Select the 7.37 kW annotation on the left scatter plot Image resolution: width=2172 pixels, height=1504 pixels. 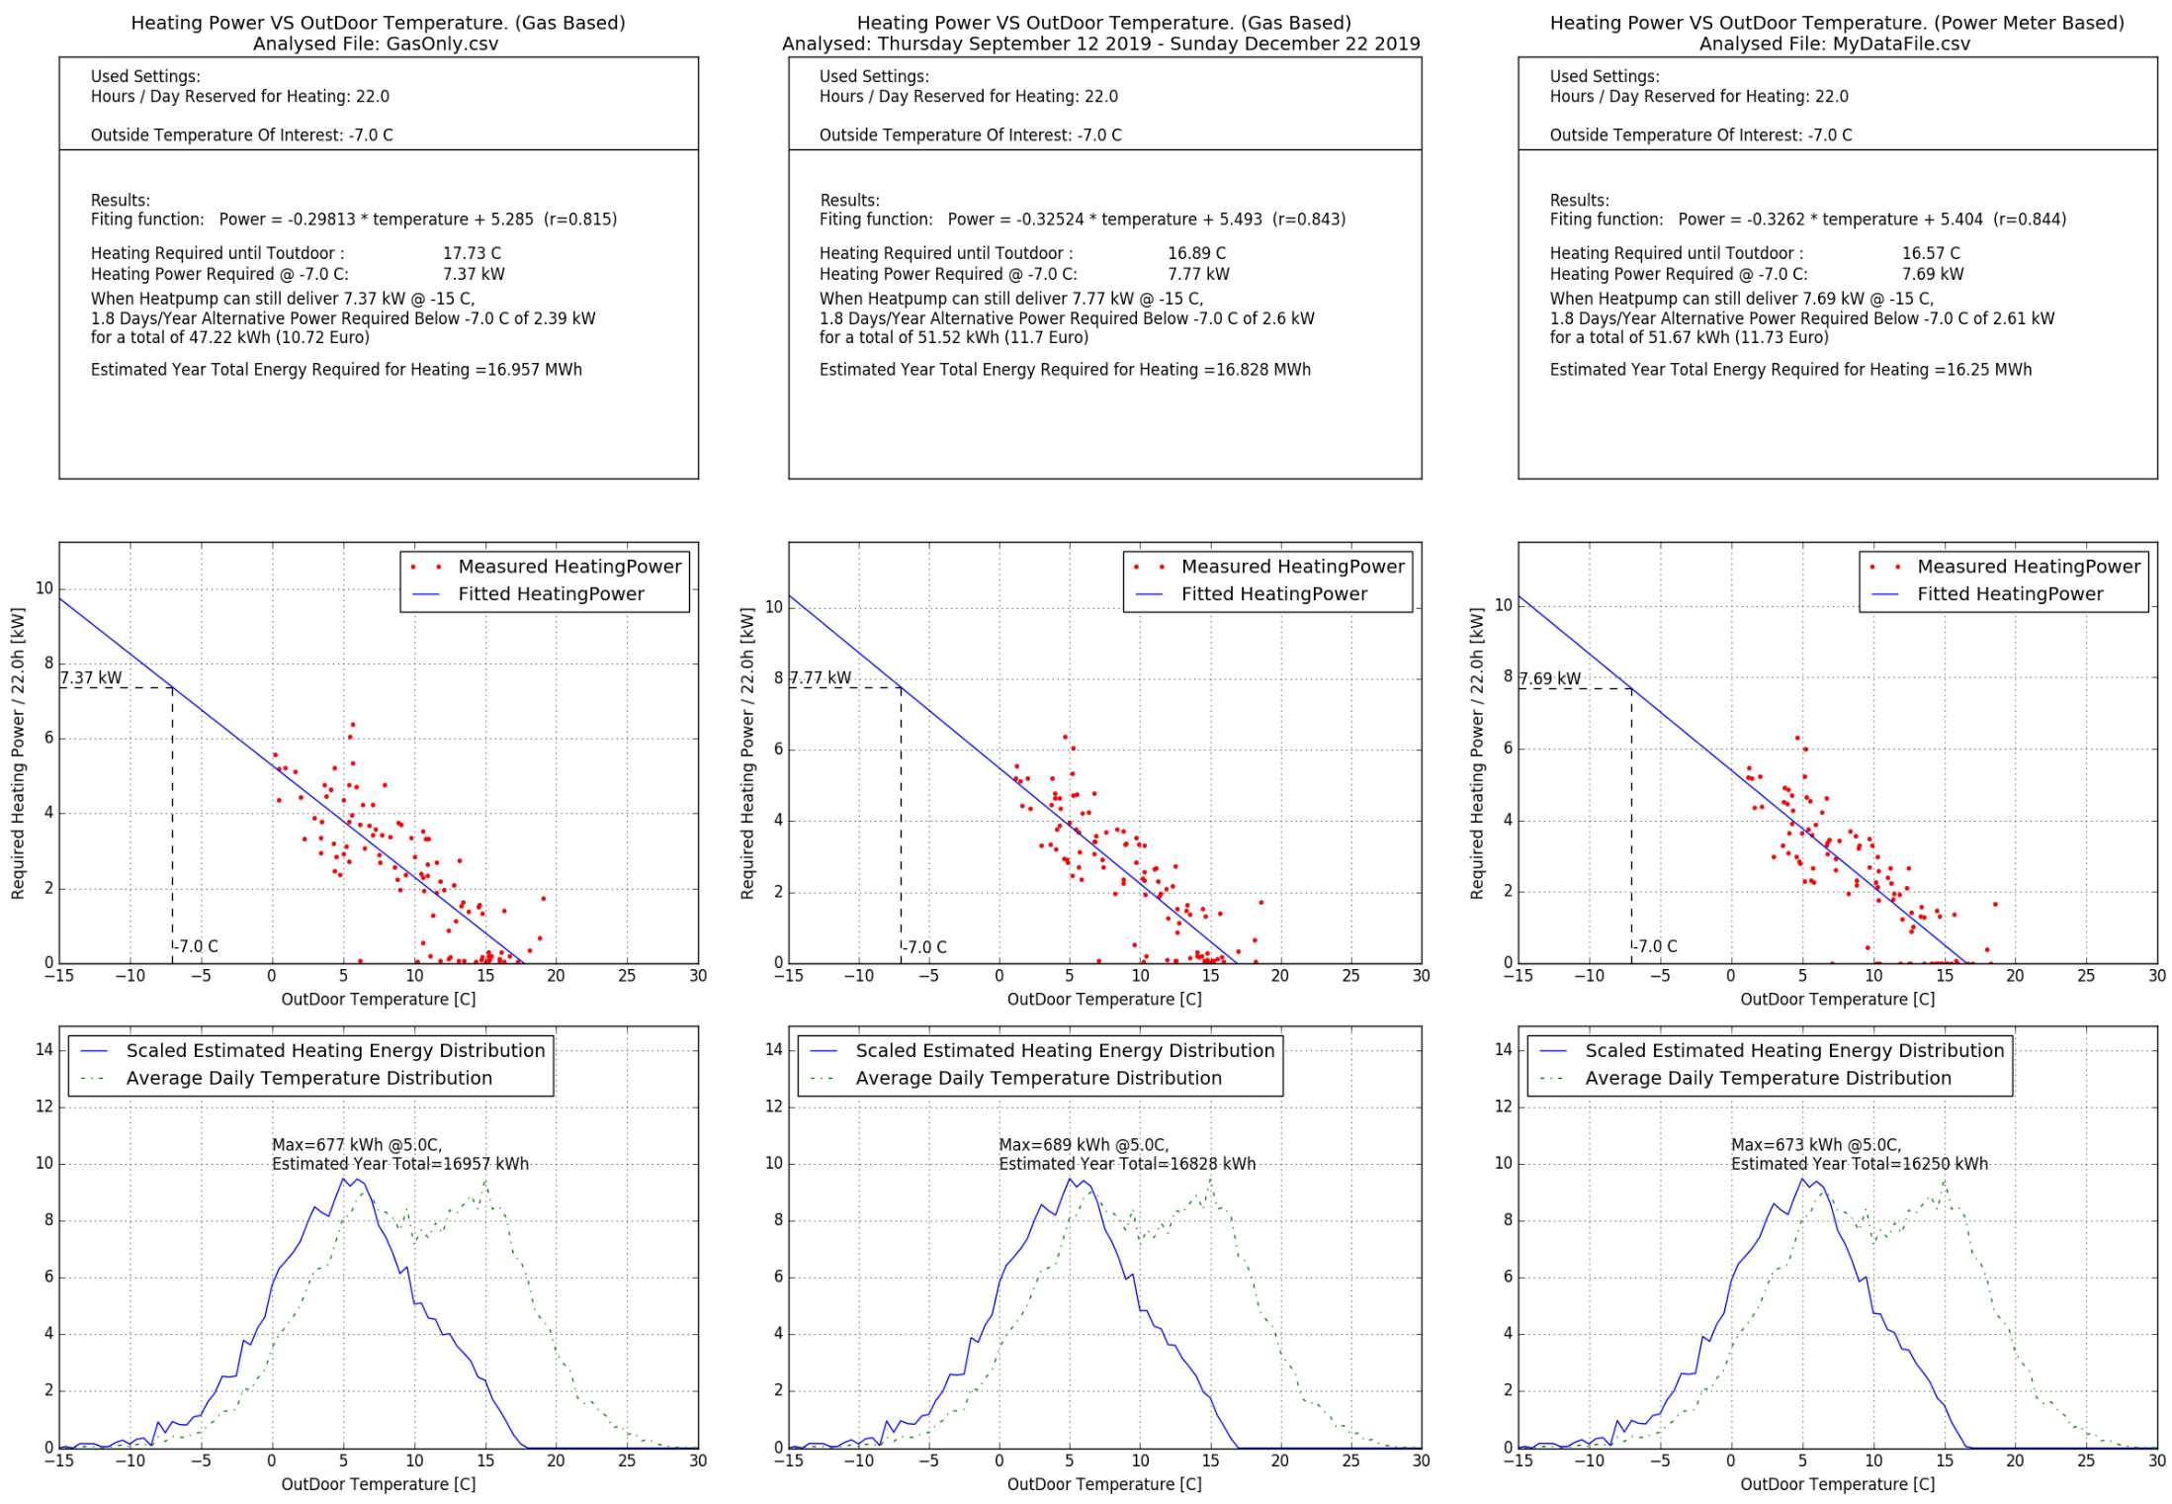click(x=91, y=677)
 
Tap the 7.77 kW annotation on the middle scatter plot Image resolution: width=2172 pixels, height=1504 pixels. click(x=820, y=677)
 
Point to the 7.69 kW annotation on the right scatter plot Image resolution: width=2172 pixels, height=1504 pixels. click(x=1549, y=678)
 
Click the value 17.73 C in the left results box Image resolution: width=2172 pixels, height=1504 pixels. click(x=472, y=253)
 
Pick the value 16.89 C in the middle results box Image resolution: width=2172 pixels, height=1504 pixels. click(x=1196, y=253)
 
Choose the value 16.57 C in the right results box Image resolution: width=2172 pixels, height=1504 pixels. click(x=1930, y=253)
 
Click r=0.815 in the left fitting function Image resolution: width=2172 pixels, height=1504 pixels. click(x=579, y=219)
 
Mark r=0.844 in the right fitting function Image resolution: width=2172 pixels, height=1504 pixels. click(x=2029, y=219)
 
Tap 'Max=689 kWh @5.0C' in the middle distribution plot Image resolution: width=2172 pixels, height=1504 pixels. click(x=1083, y=1144)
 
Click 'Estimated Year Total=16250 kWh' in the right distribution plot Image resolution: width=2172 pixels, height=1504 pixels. click(x=1859, y=1164)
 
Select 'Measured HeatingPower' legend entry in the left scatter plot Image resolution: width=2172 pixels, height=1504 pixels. click(x=569, y=567)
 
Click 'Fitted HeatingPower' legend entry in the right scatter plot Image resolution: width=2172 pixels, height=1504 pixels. click(x=2010, y=593)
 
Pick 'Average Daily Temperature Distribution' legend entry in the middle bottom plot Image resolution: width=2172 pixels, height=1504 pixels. click(x=1038, y=1078)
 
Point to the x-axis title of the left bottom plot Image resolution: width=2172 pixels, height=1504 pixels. click(x=379, y=1483)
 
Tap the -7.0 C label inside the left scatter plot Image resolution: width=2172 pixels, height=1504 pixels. click(x=198, y=946)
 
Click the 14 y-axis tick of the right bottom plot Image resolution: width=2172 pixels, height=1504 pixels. click(x=1503, y=1049)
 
